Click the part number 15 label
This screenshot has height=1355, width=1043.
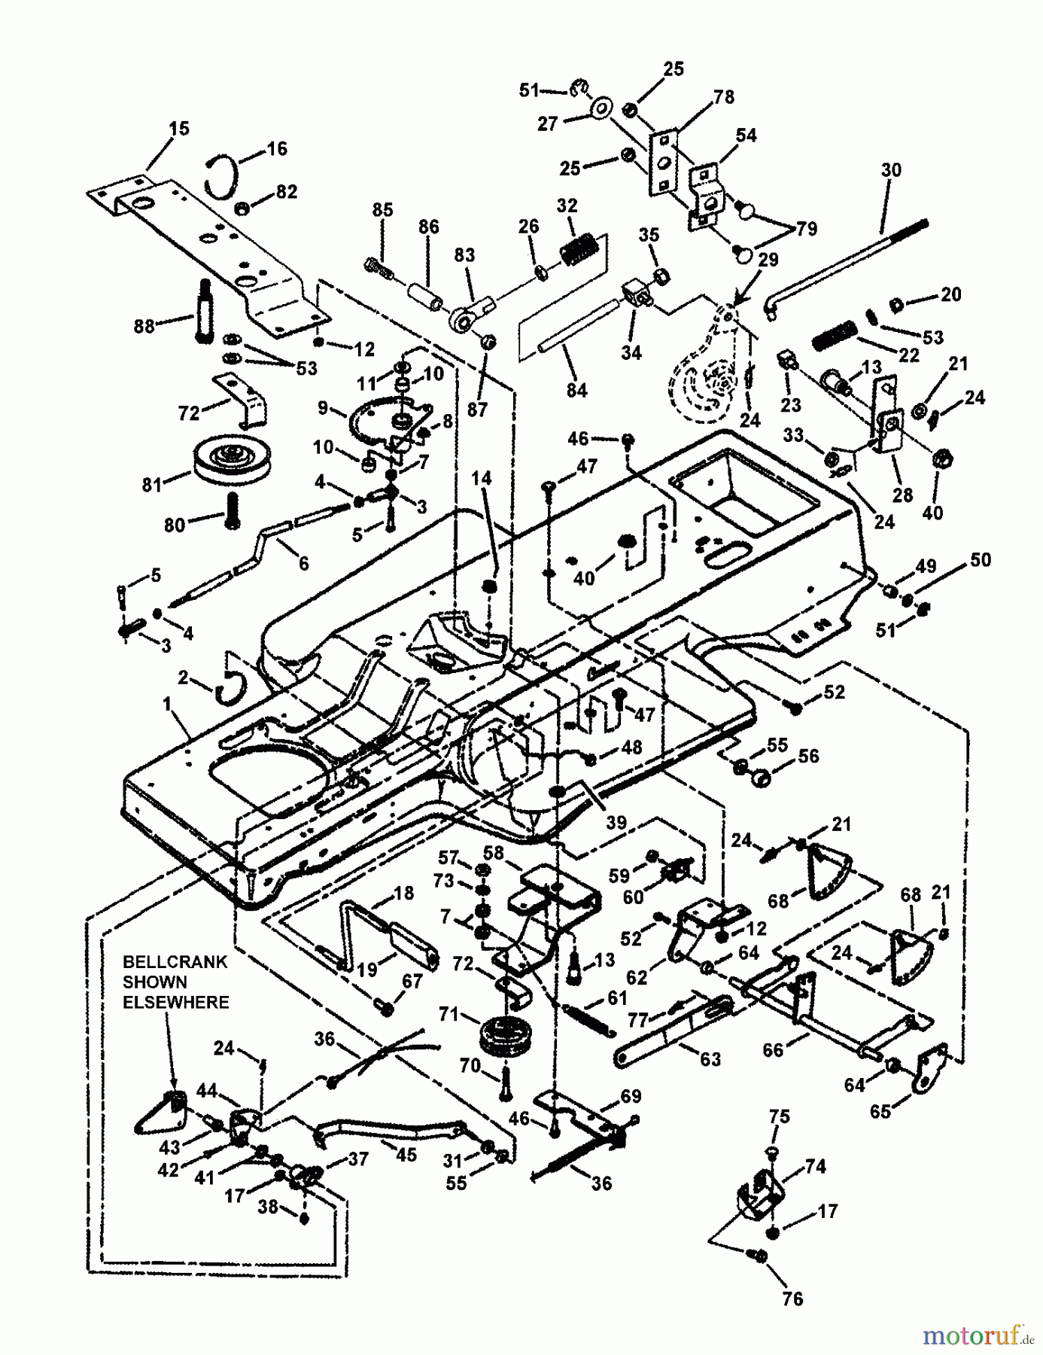(x=179, y=129)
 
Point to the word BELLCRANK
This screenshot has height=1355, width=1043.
(x=175, y=962)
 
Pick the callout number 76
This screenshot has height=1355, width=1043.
(x=792, y=1299)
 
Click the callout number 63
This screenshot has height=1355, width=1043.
(x=710, y=1059)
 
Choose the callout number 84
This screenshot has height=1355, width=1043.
(x=577, y=390)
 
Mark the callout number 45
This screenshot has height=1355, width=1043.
(x=406, y=1154)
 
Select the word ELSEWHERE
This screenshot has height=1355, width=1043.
(x=175, y=1003)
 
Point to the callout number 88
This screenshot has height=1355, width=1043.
(x=143, y=326)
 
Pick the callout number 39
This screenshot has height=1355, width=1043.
(x=616, y=822)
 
